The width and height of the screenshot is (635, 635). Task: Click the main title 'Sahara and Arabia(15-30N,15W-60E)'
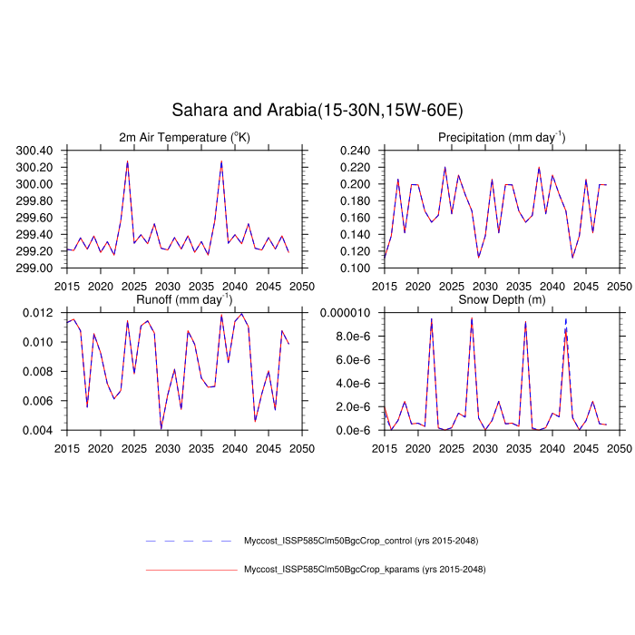tap(317, 111)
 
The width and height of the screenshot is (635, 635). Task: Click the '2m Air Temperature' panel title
tap(183, 137)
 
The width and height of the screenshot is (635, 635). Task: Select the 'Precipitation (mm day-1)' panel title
tap(502, 137)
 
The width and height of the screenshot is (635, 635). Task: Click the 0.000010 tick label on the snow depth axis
tap(350, 313)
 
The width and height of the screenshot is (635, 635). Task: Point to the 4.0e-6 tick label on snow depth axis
tap(357, 383)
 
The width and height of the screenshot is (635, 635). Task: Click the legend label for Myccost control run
tap(361, 542)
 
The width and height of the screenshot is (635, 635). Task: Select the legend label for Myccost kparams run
tap(365, 570)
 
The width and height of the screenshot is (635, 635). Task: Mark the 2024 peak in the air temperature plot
tap(127, 161)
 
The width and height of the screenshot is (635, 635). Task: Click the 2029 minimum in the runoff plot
tap(161, 428)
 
